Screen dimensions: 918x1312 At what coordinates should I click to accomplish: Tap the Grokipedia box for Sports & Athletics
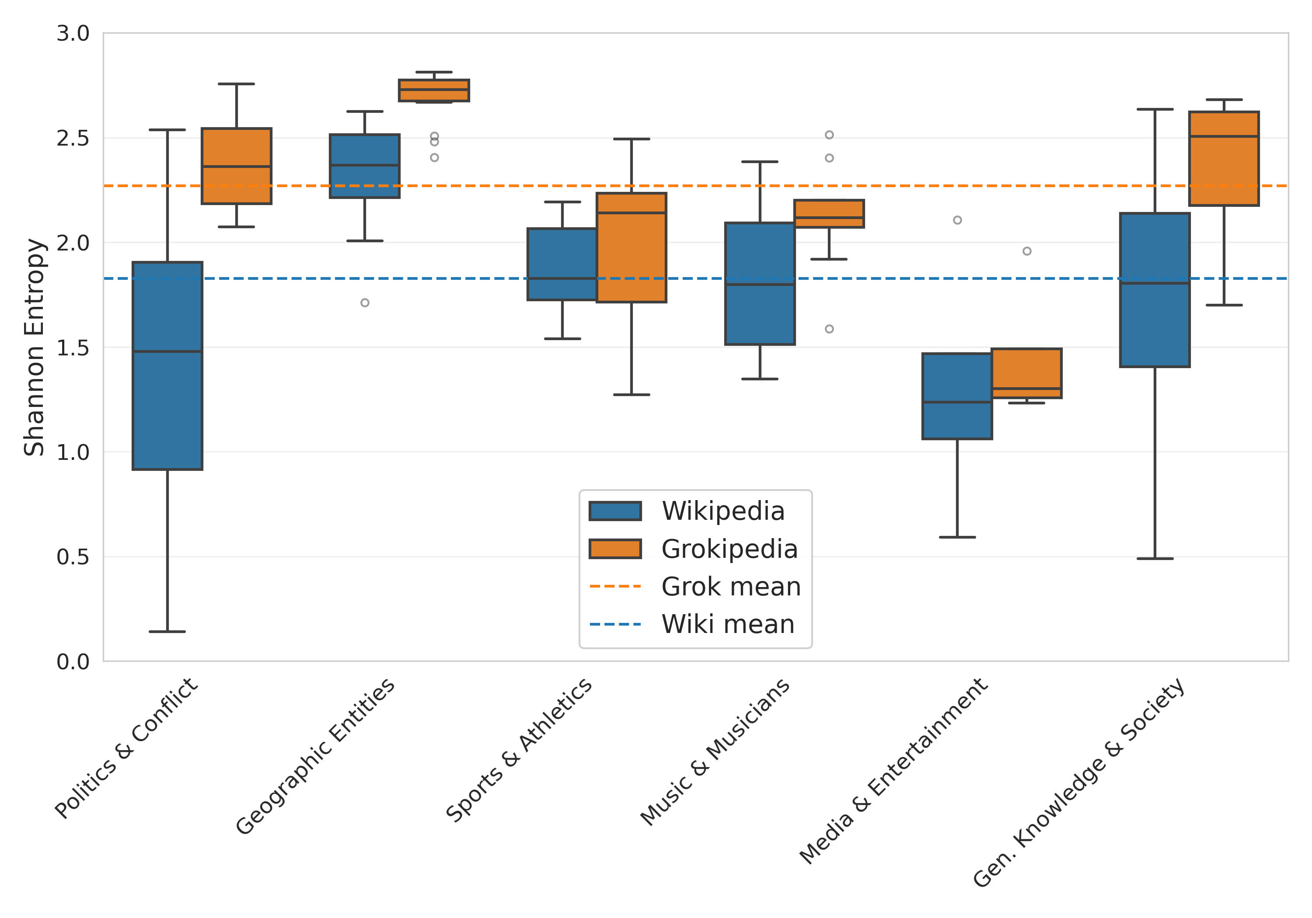pos(632,247)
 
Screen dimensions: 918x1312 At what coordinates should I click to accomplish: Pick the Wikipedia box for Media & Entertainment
pos(957,396)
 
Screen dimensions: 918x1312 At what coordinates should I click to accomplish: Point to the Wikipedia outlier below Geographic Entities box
pos(365,303)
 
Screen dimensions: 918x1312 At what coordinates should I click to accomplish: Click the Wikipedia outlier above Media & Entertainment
pos(957,220)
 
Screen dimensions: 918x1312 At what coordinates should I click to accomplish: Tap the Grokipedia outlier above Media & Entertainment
pos(1027,251)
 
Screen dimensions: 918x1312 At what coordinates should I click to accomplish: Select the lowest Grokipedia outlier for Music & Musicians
pos(829,329)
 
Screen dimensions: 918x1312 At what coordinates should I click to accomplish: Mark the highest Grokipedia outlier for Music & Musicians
pos(829,135)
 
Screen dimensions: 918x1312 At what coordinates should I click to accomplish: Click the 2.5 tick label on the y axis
pos(73,138)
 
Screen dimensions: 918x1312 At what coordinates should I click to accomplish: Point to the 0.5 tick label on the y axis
pos(73,557)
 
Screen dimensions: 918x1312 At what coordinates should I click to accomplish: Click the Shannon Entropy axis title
pos(34,348)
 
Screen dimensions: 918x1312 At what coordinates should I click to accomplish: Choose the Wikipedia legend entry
pos(723,511)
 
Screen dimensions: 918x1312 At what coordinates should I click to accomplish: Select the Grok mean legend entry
pos(731,587)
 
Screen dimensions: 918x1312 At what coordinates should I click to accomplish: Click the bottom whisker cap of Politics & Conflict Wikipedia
pos(167,632)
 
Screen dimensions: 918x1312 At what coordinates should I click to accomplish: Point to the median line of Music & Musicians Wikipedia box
pos(760,285)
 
